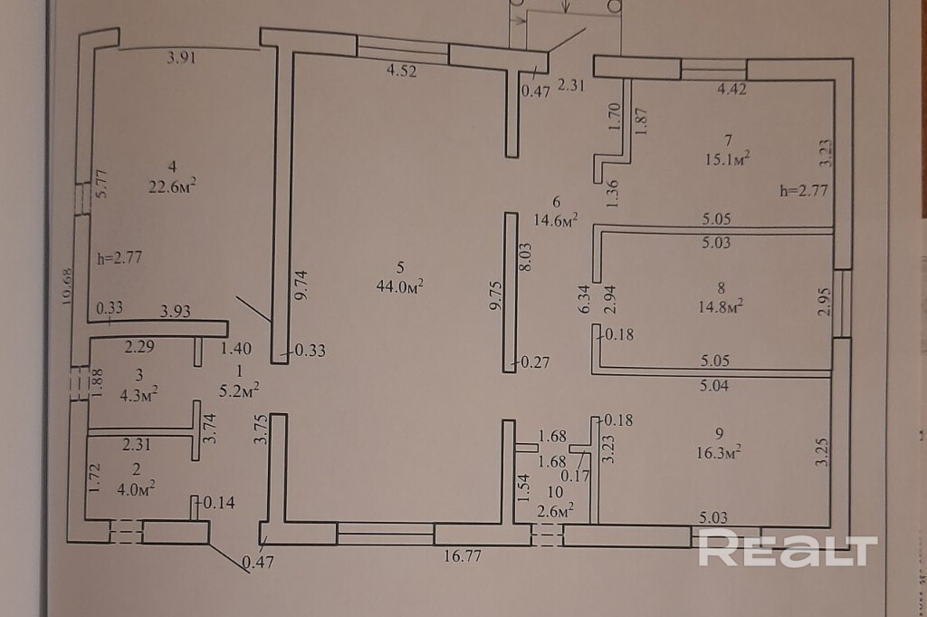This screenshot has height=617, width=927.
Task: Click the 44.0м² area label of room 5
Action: (x=400, y=284)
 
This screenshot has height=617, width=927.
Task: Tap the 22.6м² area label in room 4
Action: (x=172, y=187)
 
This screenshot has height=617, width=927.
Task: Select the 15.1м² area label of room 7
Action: (x=729, y=159)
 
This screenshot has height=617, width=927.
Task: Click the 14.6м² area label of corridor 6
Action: (x=556, y=218)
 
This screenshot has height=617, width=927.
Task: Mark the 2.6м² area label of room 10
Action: (x=555, y=512)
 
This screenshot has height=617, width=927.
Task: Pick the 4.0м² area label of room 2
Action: (x=136, y=487)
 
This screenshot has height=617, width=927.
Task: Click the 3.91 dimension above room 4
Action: (x=182, y=59)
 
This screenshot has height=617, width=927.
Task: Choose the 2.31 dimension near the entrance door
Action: (x=572, y=86)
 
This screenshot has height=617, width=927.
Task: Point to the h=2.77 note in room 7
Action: (x=804, y=190)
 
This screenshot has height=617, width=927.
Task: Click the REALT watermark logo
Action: (x=788, y=549)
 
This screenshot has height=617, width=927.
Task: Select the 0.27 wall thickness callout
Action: (x=535, y=363)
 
